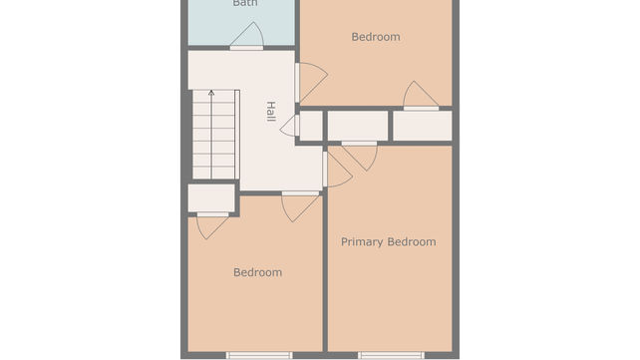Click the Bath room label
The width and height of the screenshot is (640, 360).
[x=245, y=3]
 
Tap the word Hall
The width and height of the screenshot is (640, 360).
[x=270, y=112]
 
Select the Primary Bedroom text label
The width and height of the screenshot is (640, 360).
[x=388, y=242]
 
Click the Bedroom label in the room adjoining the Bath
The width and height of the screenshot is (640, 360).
[x=376, y=37]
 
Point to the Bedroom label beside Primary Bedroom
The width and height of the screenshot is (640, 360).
[x=257, y=272]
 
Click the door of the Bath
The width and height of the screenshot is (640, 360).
[x=247, y=36]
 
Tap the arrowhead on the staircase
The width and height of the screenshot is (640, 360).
[x=211, y=93]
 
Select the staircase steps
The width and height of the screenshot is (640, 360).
[x=213, y=135]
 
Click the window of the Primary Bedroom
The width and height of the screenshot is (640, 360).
[x=391, y=355]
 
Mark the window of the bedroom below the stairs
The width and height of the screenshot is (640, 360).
[x=259, y=355]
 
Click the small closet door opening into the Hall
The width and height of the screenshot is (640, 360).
[x=291, y=126]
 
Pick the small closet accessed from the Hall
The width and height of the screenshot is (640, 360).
[x=311, y=126]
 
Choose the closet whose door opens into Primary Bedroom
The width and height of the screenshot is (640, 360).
[x=358, y=126]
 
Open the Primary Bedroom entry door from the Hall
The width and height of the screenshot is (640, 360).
[x=337, y=169]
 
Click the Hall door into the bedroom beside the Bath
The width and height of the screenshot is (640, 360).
[x=310, y=83]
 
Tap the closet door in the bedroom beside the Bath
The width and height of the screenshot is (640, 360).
[x=421, y=96]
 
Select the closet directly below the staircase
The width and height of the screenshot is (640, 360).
[x=211, y=198]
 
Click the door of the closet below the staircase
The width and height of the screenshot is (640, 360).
[x=212, y=225]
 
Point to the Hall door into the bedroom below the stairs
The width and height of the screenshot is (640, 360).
[x=300, y=206]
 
